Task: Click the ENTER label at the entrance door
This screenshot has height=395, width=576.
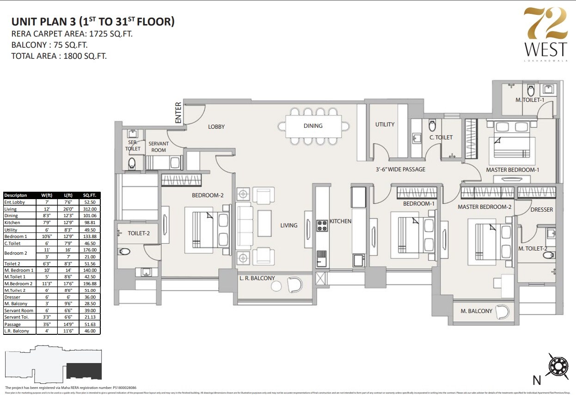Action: (x=178, y=113)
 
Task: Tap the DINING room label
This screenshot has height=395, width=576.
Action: (x=313, y=125)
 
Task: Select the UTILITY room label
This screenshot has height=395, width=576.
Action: (x=385, y=124)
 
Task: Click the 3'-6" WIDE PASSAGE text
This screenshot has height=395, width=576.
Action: (x=400, y=169)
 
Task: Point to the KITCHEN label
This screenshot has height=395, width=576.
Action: (x=340, y=221)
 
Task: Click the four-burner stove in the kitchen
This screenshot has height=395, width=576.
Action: (x=322, y=226)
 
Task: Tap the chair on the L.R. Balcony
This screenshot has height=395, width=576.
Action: (x=294, y=284)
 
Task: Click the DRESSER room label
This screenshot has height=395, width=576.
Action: (x=541, y=210)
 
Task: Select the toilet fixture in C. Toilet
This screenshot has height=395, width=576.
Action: (x=432, y=125)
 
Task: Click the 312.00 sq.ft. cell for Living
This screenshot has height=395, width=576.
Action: (x=89, y=209)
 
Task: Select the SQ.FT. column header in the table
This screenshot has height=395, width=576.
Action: (x=89, y=195)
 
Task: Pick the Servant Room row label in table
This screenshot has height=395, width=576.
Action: (x=19, y=310)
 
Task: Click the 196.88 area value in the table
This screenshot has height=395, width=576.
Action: (x=89, y=283)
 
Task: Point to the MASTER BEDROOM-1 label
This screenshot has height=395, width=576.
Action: (x=512, y=170)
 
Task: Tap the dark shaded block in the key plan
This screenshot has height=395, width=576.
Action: (x=84, y=371)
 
